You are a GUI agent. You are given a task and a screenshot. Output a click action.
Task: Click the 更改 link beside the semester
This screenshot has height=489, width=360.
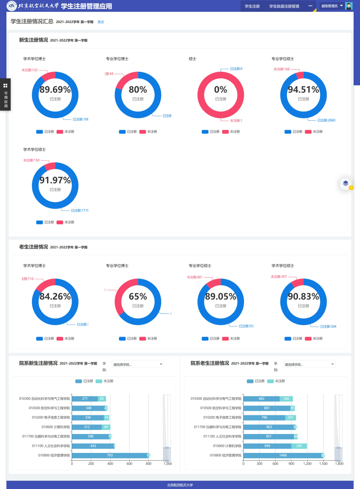pyautogui.click(x=101, y=22)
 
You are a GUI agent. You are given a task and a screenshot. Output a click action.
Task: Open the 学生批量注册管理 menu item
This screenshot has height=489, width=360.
pyautogui.click(x=284, y=6)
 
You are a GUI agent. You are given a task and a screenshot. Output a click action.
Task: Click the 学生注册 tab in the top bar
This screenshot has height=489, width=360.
pyautogui.click(x=252, y=6)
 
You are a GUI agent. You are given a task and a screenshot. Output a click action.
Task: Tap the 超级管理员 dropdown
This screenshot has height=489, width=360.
pyautogui.click(x=332, y=6)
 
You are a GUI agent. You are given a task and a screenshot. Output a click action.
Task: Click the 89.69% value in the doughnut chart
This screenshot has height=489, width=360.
pyautogui.click(x=55, y=90)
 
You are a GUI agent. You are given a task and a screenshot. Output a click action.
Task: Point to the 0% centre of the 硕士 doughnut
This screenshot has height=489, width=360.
pyautogui.click(x=221, y=90)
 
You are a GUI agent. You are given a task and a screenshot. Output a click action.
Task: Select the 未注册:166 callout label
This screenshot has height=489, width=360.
pyautogui.click(x=282, y=69)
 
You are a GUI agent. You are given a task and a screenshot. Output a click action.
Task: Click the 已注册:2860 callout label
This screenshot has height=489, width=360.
pyautogui.click(x=326, y=120)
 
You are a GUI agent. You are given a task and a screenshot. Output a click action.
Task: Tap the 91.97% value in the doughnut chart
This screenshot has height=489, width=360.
pyautogui.click(x=55, y=180)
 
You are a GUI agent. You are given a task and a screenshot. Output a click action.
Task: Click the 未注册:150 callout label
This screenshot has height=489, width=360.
pyautogui.click(x=31, y=160)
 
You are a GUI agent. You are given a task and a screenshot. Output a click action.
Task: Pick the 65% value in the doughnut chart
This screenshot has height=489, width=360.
pyautogui.click(x=138, y=297)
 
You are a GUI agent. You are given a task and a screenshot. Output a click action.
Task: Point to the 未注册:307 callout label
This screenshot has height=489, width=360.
pyautogui.click(x=279, y=277)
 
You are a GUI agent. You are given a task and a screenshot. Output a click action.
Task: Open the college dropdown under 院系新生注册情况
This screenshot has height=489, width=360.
pyautogui.click(x=138, y=364)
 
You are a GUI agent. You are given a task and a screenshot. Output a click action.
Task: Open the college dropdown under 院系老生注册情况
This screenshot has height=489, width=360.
pyautogui.click(x=309, y=364)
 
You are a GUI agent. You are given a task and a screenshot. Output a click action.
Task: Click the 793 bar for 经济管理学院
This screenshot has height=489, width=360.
pyautogui.click(x=110, y=455)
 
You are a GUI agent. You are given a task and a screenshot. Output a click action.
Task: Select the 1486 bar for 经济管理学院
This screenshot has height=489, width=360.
pyautogui.click(x=283, y=455)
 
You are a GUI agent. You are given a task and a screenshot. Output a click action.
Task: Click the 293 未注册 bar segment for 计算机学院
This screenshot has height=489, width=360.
pyautogui.click(x=299, y=446)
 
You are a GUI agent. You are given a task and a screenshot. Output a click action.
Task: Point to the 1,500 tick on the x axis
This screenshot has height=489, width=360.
pyautogui.click(x=323, y=464)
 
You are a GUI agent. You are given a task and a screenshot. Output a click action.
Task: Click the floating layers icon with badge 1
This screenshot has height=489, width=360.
pyautogui.click(x=345, y=183)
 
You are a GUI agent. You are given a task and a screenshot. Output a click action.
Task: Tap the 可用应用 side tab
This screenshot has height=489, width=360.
pyautogui.click(x=5, y=95)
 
